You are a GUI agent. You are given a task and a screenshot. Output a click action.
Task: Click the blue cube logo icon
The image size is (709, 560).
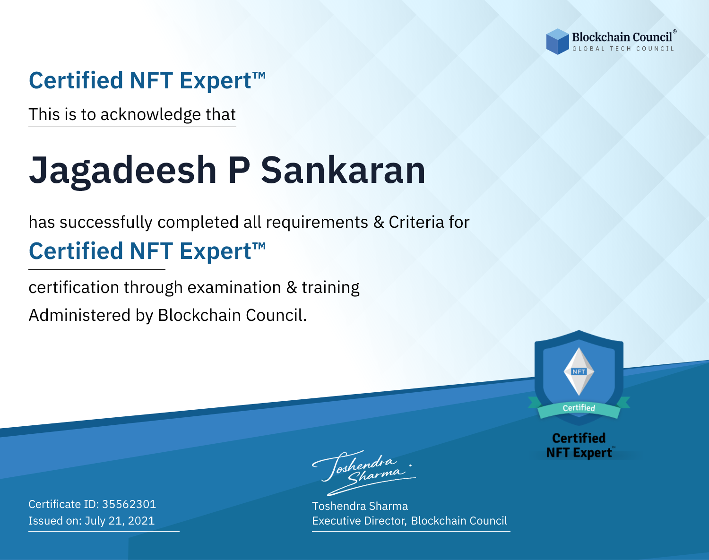tap(557, 42)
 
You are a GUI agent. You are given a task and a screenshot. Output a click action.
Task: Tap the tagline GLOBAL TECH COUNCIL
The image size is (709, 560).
tap(623, 49)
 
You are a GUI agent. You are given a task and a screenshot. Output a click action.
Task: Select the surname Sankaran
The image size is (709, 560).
tap(343, 170)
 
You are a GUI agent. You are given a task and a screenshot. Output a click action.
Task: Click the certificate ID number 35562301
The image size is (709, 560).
tap(129, 504)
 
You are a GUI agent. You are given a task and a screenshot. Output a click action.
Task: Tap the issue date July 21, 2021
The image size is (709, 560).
tap(120, 520)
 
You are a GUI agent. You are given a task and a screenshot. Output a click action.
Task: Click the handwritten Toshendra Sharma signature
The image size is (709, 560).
tap(363, 473)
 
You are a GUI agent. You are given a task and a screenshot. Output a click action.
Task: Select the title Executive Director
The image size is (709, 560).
tap(358, 521)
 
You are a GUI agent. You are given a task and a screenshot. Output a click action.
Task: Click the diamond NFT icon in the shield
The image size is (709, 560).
tap(579, 371)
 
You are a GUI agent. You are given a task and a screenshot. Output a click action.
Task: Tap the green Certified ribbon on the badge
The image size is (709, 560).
tap(579, 408)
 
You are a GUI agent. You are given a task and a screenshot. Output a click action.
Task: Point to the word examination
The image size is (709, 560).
tap(234, 287)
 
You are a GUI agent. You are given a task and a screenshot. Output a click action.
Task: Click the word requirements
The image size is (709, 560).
tap(317, 223)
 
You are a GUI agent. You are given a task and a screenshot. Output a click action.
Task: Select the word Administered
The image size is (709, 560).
tap(79, 315)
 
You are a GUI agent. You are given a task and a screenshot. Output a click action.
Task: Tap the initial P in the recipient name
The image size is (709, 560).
tap(239, 170)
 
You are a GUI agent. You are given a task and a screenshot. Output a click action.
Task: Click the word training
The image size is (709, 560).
tap(330, 288)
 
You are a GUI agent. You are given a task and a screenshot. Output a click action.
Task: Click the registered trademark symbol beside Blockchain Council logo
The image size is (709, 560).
tap(675, 31)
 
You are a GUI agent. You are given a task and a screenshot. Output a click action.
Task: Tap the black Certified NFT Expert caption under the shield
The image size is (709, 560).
tap(579, 446)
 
